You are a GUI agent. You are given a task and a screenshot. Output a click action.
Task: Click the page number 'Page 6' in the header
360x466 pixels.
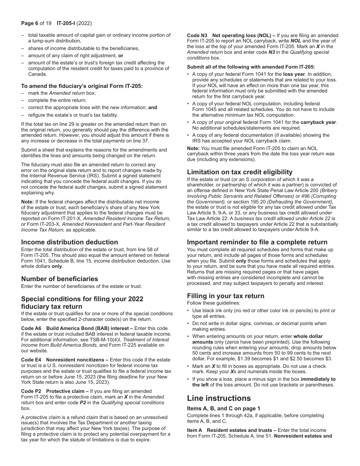32,23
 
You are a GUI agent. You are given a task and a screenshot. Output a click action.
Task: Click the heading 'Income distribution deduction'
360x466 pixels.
69,242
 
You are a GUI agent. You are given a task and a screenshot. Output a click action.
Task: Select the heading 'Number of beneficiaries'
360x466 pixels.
59,279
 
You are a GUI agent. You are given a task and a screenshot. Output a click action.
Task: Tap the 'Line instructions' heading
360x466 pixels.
219,398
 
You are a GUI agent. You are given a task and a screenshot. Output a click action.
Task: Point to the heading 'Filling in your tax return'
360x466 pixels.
225,296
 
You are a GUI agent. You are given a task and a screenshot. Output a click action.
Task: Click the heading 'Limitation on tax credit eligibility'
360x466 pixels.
239,172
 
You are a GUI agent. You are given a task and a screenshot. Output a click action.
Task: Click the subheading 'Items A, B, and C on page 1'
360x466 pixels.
224,408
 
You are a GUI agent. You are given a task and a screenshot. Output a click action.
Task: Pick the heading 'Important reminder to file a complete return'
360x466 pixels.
257,242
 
